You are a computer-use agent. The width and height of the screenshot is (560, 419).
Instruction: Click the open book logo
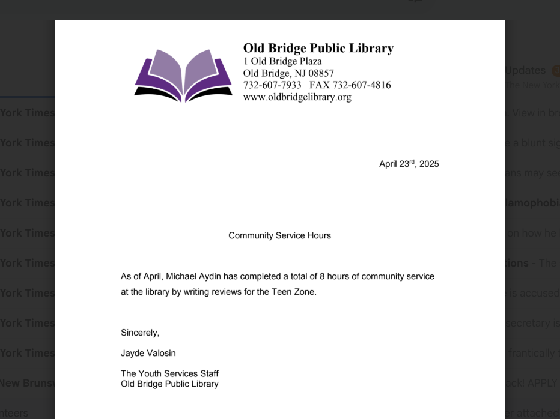click(183, 74)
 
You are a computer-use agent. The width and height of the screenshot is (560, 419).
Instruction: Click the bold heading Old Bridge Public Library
click(318, 49)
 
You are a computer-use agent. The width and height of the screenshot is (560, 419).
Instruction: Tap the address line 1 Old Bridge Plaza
click(282, 61)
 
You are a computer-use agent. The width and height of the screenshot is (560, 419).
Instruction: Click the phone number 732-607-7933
click(272, 85)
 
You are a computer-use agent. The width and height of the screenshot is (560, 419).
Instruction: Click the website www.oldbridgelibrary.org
click(297, 97)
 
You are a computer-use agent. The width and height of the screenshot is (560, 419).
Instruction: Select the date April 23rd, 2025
click(409, 164)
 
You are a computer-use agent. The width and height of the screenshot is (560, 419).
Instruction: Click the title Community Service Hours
click(279, 235)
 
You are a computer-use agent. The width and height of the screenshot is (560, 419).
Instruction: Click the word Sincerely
click(140, 333)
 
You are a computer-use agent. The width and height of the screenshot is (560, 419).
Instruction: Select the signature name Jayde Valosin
click(148, 353)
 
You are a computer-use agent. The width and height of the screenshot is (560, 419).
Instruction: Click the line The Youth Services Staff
click(169, 373)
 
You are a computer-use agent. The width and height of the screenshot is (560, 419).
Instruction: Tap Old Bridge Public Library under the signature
click(169, 384)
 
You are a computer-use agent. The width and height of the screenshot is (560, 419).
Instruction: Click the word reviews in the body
click(227, 292)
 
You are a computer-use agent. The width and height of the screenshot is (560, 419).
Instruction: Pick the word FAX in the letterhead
click(319, 85)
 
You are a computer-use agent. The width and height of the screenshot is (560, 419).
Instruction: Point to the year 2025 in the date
click(429, 164)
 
